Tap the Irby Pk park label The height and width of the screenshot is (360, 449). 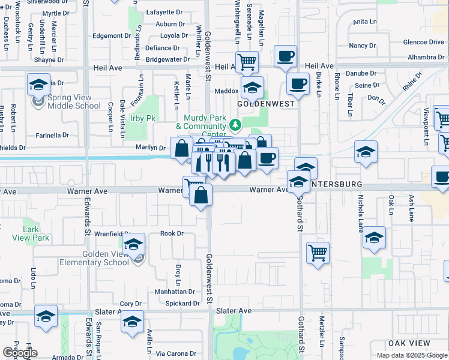143,118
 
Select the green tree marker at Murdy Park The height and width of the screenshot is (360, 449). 236,125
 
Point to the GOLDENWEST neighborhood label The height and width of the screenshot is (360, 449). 266,104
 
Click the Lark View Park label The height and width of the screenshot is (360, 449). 35,233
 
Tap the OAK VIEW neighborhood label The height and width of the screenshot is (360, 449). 409,343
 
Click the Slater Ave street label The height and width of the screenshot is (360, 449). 234,311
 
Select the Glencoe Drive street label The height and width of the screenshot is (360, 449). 424,42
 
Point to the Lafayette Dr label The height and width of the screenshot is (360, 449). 160,12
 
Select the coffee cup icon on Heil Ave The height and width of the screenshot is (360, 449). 285,56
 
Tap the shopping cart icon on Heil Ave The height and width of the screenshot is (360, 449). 247,61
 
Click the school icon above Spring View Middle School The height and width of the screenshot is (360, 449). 39,85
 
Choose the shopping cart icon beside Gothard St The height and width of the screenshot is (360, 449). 318,252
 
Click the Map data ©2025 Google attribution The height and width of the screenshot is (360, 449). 411,355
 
